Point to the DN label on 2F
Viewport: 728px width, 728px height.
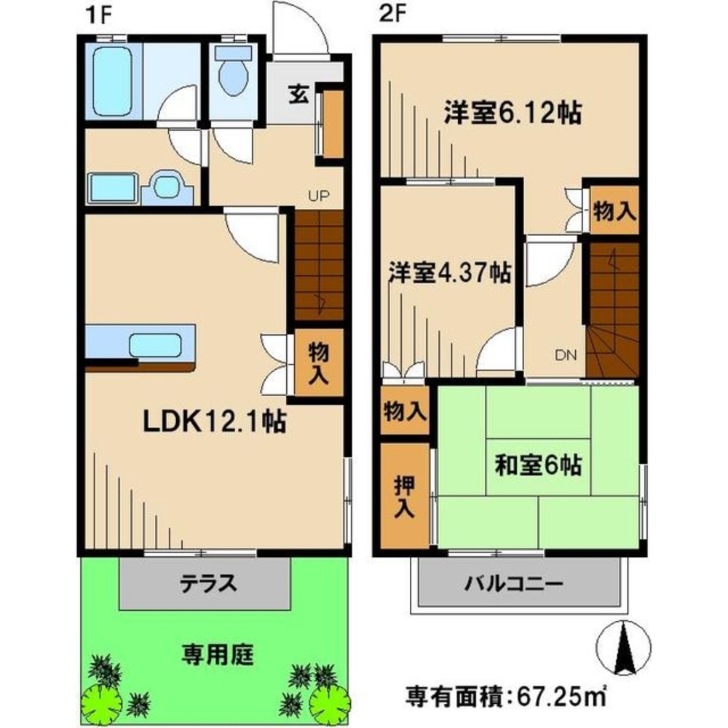(x=566, y=355)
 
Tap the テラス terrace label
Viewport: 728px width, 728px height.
(x=208, y=583)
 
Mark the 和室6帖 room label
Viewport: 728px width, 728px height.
(x=538, y=464)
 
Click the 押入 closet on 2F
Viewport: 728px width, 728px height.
(x=404, y=498)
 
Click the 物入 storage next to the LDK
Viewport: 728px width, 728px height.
(x=319, y=365)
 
